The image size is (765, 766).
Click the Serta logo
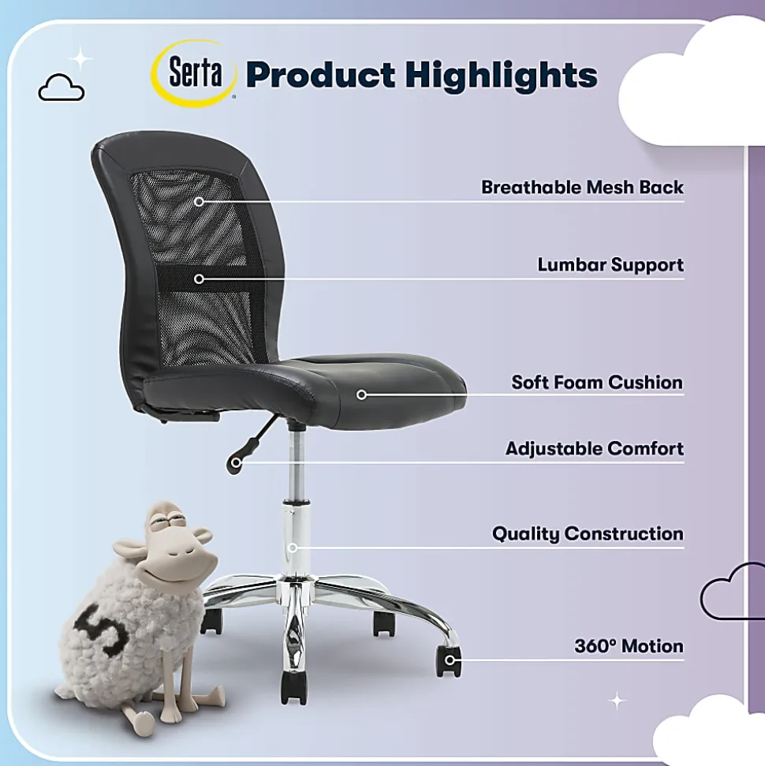(195, 73)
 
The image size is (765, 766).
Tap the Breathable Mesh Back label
(582, 187)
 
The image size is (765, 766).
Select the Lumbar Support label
(610, 265)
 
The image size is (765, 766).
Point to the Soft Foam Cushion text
(597, 382)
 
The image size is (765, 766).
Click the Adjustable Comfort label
(595, 448)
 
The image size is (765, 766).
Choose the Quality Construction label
(588, 533)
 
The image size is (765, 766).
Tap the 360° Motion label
(629, 646)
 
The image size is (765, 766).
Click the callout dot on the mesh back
(199, 201)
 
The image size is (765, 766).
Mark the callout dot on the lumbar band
(199, 278)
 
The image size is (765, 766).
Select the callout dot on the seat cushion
(361, 394)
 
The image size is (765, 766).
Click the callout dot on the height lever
(236, 462)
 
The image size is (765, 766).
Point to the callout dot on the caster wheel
(450, 660)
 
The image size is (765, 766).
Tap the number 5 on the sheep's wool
(101, 629)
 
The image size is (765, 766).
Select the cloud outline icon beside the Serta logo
(61, 88)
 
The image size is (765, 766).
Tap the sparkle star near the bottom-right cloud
(617, 701)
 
